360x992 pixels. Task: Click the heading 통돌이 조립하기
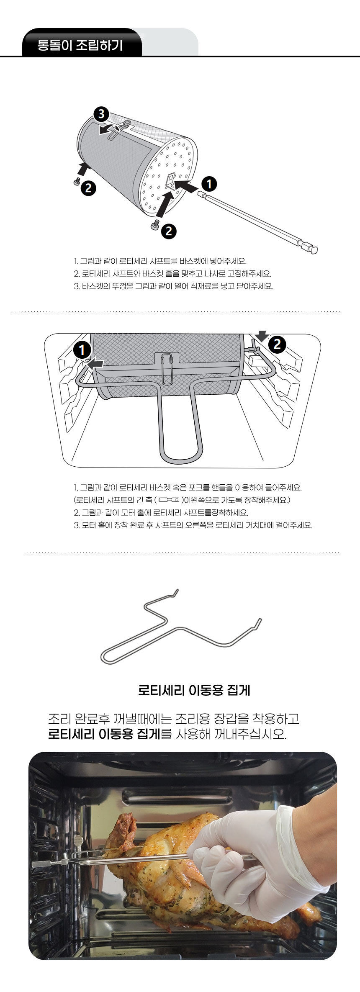(x=80, y=44)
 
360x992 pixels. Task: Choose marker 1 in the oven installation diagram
(x=82, y=349)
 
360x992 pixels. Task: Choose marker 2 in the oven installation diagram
(x=277, y=344)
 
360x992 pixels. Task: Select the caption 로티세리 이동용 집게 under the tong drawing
(x=194, y=690)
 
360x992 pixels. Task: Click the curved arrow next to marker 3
(x=110, y=129)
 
